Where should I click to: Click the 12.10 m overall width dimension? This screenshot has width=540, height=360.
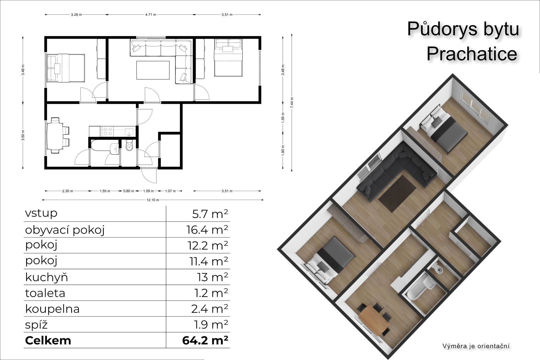tap(153, 200)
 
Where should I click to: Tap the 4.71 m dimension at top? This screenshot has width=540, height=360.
tap(151, 15)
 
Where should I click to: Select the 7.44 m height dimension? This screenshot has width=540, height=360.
tap(292, 103)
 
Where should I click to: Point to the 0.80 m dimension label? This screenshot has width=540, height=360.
tap(129, 191)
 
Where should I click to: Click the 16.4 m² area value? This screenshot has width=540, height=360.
tap(207, 230)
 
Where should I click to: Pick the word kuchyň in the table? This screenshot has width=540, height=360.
tap(47, 277)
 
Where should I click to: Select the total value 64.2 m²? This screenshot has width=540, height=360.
tap(205, 341)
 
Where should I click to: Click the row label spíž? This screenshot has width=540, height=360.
tap(36, 325)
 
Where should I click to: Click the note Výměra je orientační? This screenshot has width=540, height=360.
tap(476, 346)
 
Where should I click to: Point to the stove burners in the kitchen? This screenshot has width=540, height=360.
tap(107, 131)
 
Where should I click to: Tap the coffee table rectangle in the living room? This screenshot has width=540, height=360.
tap(153, 70)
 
